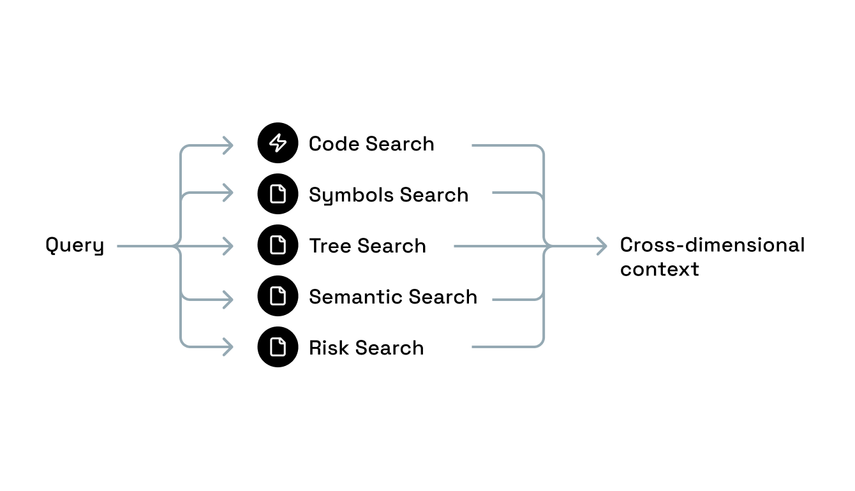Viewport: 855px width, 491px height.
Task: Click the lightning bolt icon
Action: pos(278,143)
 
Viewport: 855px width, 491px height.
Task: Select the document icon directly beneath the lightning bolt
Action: pos(278,194)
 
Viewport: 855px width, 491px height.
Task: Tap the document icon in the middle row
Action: pos(278,245)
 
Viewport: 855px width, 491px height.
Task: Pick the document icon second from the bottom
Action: pos(278,296)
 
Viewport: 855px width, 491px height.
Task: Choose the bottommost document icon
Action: pos(278,347)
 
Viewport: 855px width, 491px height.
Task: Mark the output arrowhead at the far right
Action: pos(602,246)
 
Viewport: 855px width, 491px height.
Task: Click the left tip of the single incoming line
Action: pos(118,246)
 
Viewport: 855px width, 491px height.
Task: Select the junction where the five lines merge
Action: pos(548,246)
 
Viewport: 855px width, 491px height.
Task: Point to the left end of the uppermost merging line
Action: pos(473,145)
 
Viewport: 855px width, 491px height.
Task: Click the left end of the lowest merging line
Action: pos(473,347)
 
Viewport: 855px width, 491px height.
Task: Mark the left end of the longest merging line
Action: pos(455,246)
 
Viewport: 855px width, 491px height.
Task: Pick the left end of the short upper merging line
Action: pos(493,193)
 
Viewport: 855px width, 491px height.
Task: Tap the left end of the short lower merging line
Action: pos(493,300)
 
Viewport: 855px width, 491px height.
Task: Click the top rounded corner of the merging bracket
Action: pos(541,149)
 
